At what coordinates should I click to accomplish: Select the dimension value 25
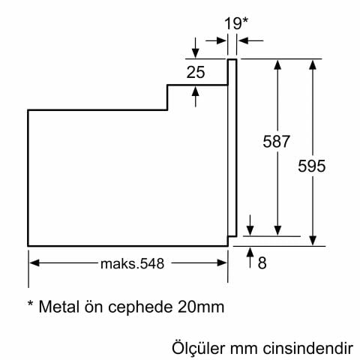click(x=196, y=73)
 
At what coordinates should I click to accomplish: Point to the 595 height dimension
click(x=311, y=166)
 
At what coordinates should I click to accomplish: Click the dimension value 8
click(x=262, y=262)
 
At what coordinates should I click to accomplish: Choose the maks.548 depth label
click(x=131, y=262)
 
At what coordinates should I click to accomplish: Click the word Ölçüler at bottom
click(x=196, y=349)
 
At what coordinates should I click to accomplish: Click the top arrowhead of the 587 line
click(x=277, y=64)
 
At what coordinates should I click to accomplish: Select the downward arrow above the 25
click(x=196, y=53)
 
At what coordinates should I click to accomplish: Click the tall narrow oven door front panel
click(x=232, y=150)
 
